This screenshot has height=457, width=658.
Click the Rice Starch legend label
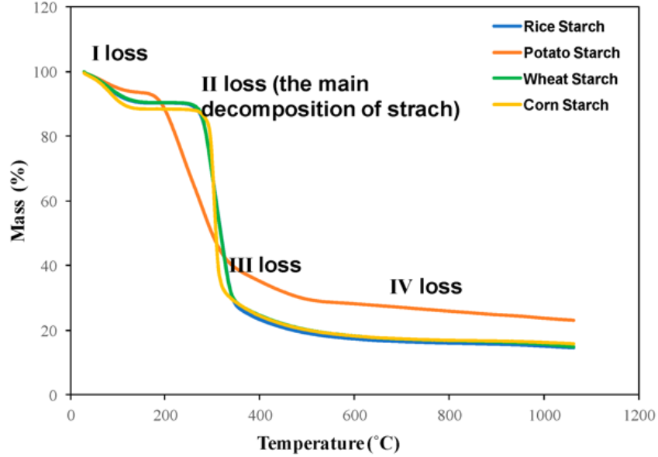pos(563,27)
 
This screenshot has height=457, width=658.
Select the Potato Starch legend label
pos(571,53)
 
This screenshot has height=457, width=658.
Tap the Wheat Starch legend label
pos(570,79)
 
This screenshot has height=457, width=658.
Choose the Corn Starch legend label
pos(565,105)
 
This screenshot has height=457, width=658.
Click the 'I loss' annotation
pos(119,53)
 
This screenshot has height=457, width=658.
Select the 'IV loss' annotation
pos(425,287)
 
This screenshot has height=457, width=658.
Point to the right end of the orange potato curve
pos(574,320)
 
